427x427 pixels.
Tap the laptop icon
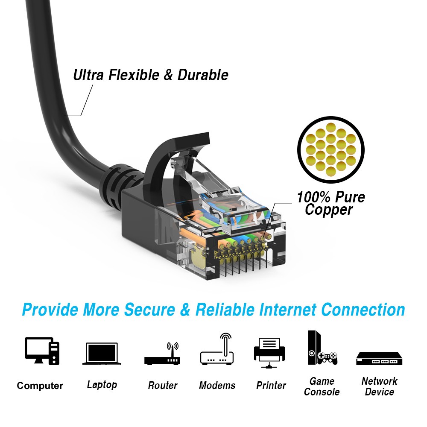coord(102,354)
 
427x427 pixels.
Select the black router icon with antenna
coord(162,354)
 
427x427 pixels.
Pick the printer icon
coord(269,353)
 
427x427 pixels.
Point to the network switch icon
coord(379,359)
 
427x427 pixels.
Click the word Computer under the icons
coord(40,386)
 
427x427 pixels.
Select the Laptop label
coord(102,385)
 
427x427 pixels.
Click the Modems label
coord(217,385)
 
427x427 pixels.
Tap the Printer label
coord(271,385)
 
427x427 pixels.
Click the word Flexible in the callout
coord(133,75)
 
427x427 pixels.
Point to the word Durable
coord(203,75)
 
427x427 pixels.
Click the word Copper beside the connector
coord(329,210)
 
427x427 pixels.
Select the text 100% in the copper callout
coord(313,197)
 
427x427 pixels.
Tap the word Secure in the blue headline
coord(149,310)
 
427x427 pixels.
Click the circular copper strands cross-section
coord(330,149)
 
